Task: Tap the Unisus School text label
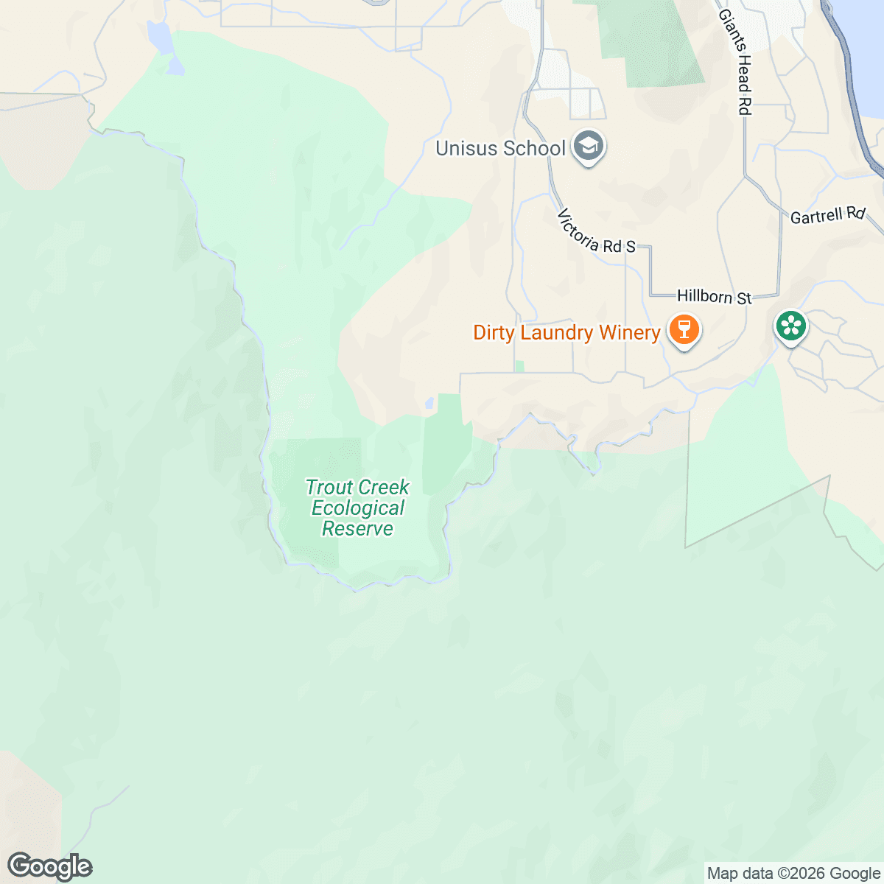coord(500,148)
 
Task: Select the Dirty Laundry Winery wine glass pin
coord(684,329)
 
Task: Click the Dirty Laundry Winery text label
coord(566,332)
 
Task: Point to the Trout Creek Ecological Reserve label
coord(357,508)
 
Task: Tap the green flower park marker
coord(790,326)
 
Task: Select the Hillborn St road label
coord(714,296)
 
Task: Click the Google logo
coord(49,866)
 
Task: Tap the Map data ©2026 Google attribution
coord(793,874)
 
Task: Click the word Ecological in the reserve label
coord(357,508)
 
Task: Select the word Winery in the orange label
coord(629,332)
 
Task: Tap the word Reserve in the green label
coord(357,528)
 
